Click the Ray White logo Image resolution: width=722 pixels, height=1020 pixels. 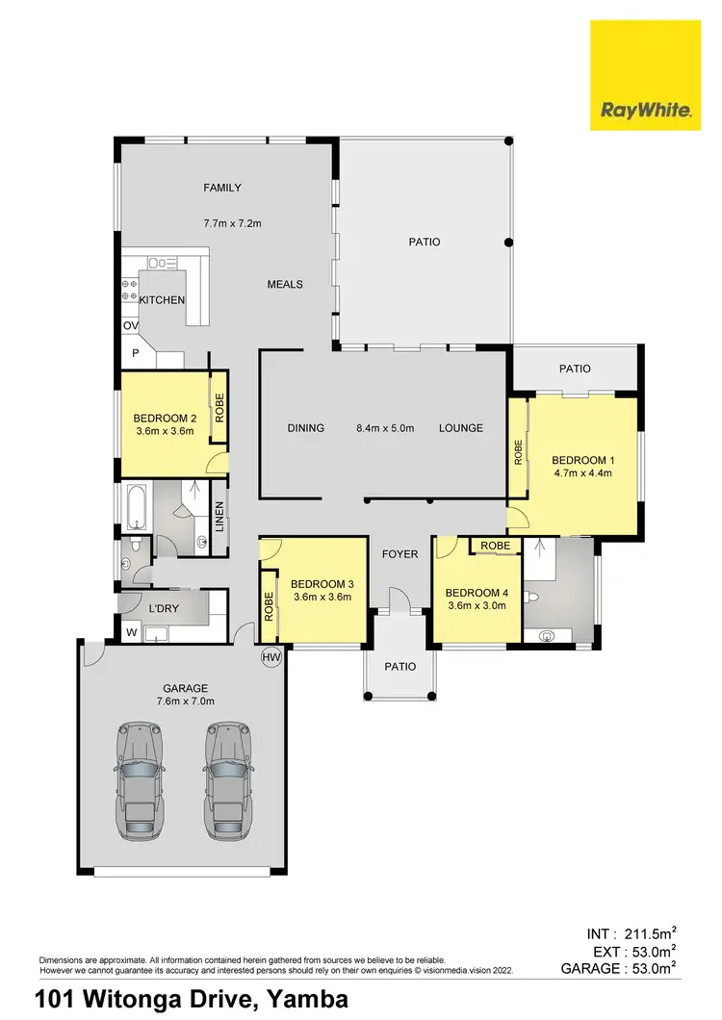tap(645, 76)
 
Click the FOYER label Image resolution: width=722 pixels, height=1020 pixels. tap(400, 554)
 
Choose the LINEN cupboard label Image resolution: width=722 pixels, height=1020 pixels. tap(219, 517)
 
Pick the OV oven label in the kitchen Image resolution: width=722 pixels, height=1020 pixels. tap(130, 326)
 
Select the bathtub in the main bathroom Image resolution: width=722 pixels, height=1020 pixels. tap(135, 506)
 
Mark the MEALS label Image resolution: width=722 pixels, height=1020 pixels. tap(285, 284)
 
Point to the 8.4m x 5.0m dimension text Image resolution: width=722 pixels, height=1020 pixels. tap(385, 428)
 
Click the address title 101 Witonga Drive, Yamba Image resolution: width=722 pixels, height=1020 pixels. tap(192, 1000)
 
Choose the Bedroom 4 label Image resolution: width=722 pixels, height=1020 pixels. tap(474, 593)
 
